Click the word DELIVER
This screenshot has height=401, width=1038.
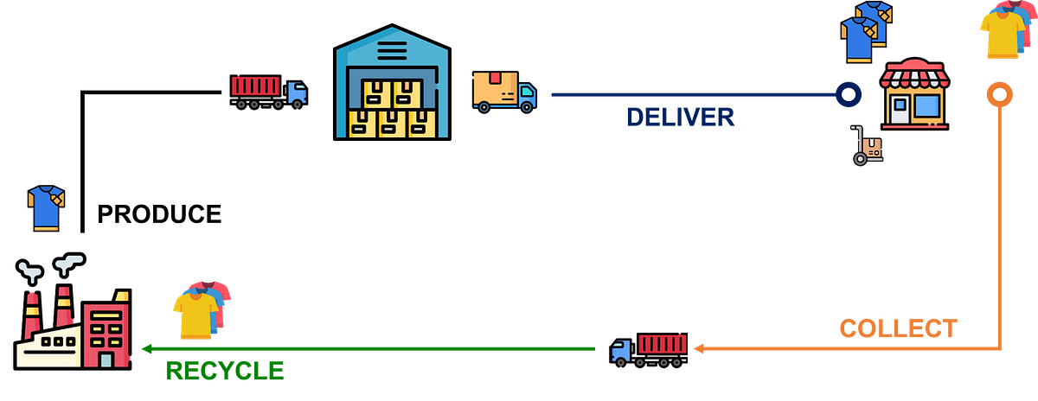[x=680, y=117]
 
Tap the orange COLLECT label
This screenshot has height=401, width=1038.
[x=898, y=328]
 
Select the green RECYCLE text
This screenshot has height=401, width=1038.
[x=224, y=371]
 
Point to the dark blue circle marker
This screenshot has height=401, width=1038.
[x=849, y=94]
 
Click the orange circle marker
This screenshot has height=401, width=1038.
[x=999, y=94]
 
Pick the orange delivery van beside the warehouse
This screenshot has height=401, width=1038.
[x=503, y=92]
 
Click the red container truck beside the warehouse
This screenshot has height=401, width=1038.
[x=268, y=91]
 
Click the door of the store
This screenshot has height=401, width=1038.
[x=901, y=110]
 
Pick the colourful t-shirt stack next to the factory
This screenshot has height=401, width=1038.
[x=202, y=309]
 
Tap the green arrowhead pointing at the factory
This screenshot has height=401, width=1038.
[x=148, y=349]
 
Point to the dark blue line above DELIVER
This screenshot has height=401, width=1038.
[x=692, y=95]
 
